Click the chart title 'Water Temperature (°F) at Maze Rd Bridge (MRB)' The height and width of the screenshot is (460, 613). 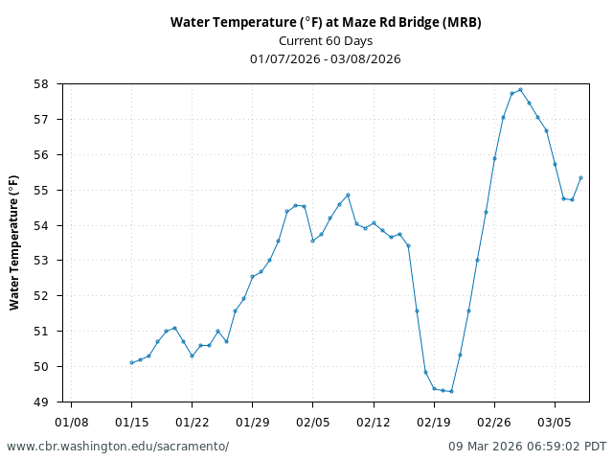click(x=326, y=22)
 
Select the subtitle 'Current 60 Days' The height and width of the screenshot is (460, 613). click(x=326, y=40)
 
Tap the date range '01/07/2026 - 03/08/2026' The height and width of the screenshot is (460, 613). click(x=326, y=58)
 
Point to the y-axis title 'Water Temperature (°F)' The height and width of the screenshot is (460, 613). click(x=14, y=242)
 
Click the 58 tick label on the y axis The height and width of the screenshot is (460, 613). click(x=41, y=84)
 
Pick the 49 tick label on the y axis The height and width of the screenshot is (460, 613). click(x=41, y=402)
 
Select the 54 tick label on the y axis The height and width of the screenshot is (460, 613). click(x=41, y=225)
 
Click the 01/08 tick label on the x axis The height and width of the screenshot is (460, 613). click(x=71, y=422)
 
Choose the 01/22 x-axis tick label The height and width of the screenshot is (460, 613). click(x=192, y=422)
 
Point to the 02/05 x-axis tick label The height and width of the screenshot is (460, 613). click(x=312, y=422)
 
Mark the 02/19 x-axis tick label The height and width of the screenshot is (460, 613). click(x=434, y=422)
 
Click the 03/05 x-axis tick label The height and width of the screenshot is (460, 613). click(x=555, y=422)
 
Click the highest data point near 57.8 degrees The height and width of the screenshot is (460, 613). click(x=520, y=90)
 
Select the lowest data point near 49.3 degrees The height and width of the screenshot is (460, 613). click(x=451, y=391)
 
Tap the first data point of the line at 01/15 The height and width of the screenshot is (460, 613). click(x=131, y=362)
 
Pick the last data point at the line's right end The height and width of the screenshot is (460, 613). click(x=580, y=177)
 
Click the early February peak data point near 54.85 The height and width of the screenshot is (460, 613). click(x=348, y=195)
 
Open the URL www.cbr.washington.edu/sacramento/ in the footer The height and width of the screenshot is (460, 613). click(x=118, y=447)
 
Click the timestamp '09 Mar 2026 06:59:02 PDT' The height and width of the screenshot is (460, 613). click(x=527, y=447)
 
